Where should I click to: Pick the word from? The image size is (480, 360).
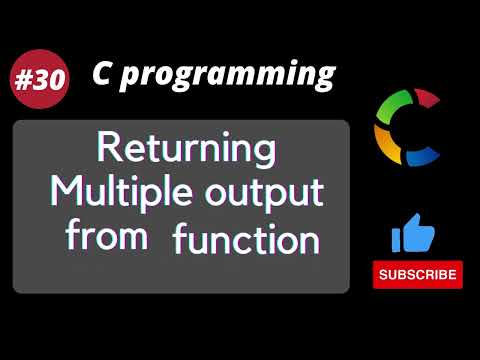tap(107, 237)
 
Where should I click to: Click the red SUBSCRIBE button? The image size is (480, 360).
tap(418, 274)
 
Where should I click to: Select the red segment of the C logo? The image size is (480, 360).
tap(427, 99)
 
